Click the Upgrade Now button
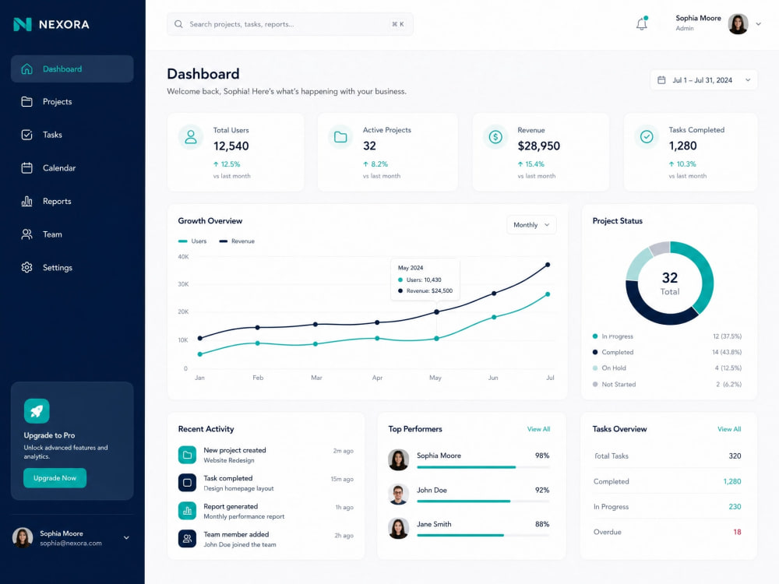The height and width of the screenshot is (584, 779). (x=55, y=478)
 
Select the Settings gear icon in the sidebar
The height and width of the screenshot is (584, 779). (x=26, y=268)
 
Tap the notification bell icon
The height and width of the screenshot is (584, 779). (x=641, y=24)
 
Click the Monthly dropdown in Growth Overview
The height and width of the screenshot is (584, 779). (x=531, y=225)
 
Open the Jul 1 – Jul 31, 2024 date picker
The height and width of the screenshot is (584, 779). (x=703, y=80)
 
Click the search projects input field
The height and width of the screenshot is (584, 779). (x=290, y=24)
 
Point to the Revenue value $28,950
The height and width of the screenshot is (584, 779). (x=538, y=146)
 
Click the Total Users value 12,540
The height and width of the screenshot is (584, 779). (x=231, y=146)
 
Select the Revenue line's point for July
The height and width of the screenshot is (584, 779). (x=548, y=265)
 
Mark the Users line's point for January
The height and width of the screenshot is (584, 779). (x=200, y=354)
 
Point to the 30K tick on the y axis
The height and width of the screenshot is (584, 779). (x=183, y=284)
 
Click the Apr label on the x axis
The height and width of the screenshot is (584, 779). (x=377, y=378)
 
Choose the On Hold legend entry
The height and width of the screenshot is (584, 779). (x=614, y=368)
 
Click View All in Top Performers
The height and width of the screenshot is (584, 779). (x=538, y=429)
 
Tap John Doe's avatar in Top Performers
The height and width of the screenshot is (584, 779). (x=398, y=494)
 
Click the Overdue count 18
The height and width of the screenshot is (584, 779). (x=737, y=532)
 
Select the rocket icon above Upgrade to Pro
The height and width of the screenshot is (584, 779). (x=37, y=411)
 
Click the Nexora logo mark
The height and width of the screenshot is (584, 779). (x=23, y=24)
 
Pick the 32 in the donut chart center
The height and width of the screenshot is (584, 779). (x=670, y=278)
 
